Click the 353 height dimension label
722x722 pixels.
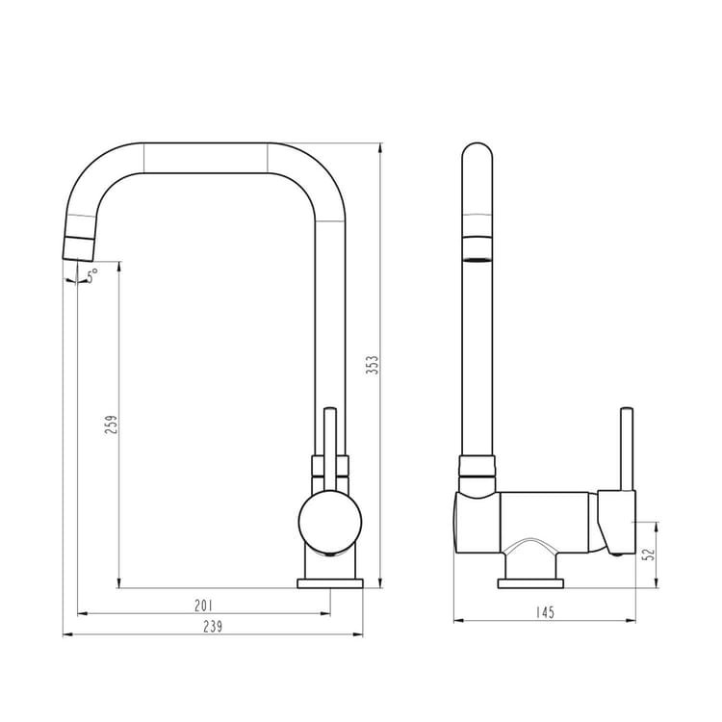pos(373,365)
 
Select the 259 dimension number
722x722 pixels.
pos(112,425)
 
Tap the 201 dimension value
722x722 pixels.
pos(203,606)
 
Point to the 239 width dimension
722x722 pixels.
pos(213,627)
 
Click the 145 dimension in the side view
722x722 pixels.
pos(545,612)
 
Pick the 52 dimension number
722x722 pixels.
pos(649,554)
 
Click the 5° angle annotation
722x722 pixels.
pos(92,275)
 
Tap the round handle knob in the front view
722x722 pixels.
pos(329,522)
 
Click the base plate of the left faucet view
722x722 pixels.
pos(330,584)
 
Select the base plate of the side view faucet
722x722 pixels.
pos(530,584)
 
